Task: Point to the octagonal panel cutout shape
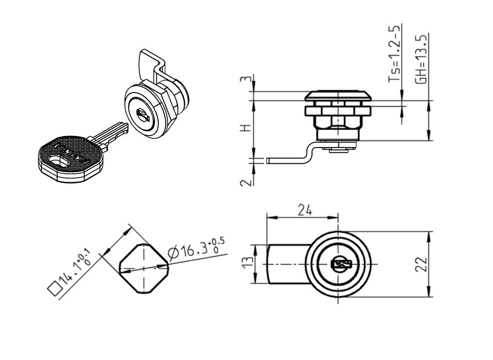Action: [x=143, y=268]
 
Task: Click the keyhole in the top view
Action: [x=340, y=264]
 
